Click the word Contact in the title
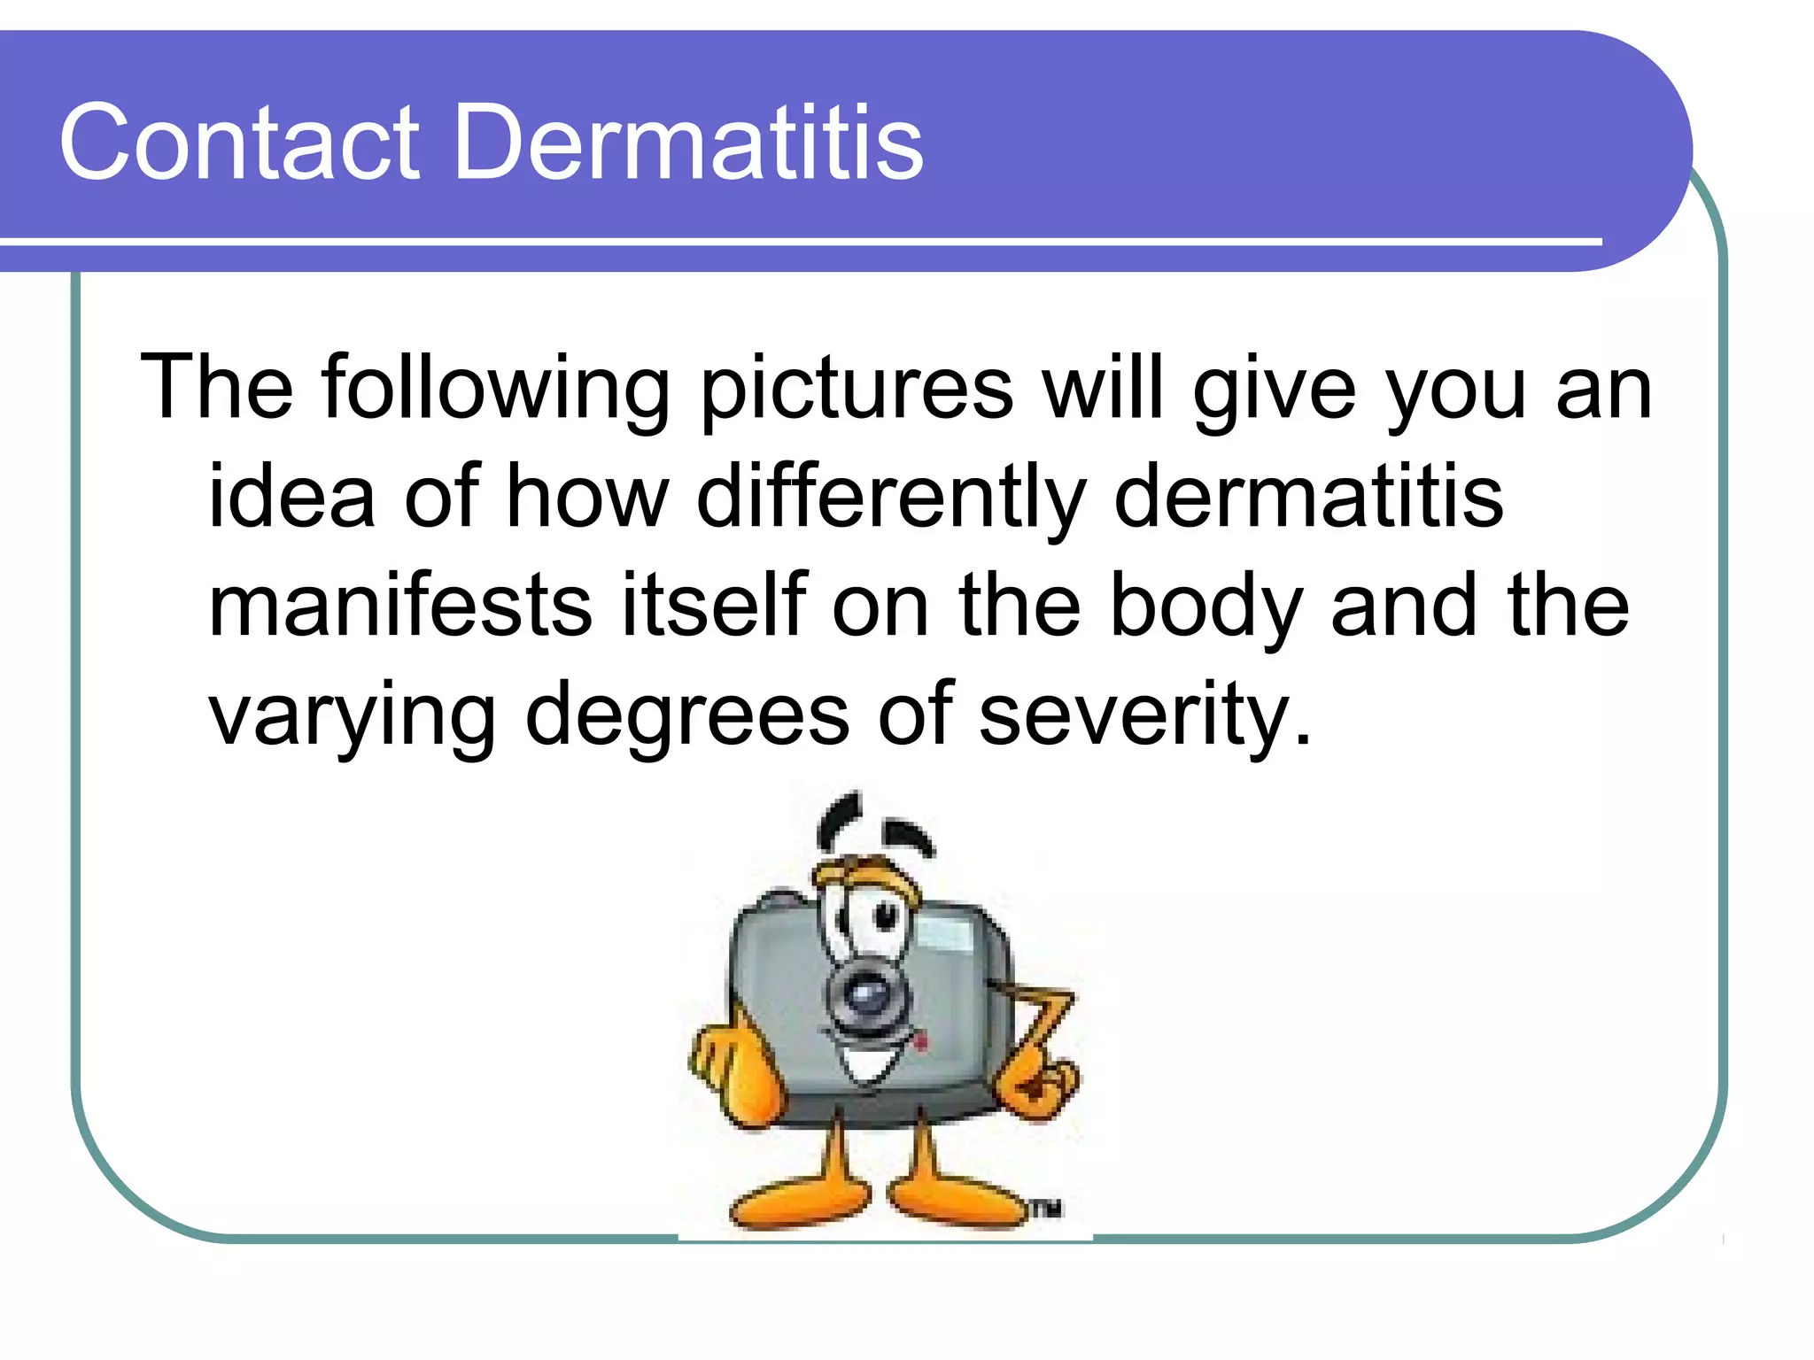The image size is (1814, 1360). click(x=239, y=143)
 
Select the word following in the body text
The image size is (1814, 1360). click(x=496, y=390)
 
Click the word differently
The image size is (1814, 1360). click(x=891, y=498)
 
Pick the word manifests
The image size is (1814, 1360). click(x=399, y=606)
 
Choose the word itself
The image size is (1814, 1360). click(x=714, y=606)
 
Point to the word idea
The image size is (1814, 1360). click(x=291, y=498)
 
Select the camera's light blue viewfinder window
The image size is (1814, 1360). click(x=944, y=934)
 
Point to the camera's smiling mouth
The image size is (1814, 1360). click(x=872, y=1062)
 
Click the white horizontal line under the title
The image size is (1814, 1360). click(x=797, y=242)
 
